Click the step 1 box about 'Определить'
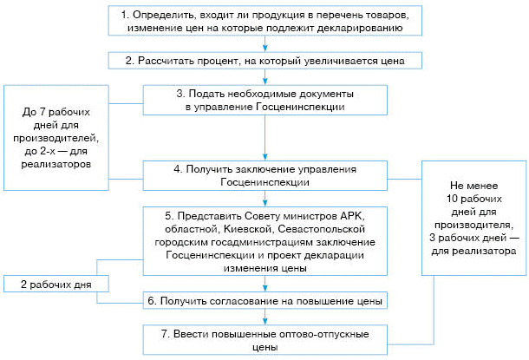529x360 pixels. coord(264,22)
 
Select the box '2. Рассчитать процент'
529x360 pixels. coord(264,61)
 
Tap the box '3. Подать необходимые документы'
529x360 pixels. coord(264,99)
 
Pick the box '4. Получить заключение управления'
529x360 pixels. coord(264,175)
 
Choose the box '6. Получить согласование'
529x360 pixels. coord(264,301)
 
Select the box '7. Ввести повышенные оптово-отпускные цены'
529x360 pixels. coord(264,340)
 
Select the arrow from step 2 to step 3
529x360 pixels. coord(264,76)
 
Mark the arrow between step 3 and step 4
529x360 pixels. coord(264,139)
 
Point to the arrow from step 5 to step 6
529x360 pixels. coord(264,285)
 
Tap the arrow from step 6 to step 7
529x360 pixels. coord(264,317)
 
